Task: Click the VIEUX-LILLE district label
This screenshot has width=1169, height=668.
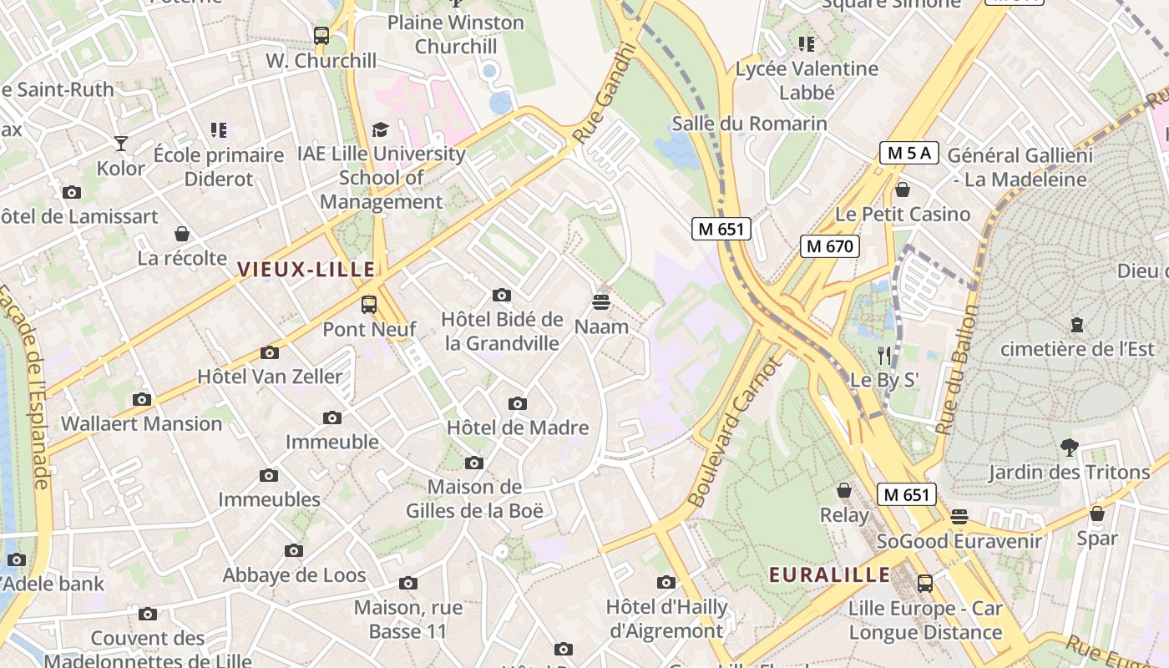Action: (306, 269)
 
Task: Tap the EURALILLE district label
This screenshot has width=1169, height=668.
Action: (830, 574)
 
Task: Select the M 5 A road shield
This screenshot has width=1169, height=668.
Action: (909, 153)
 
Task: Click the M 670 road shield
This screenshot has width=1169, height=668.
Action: (829, 245)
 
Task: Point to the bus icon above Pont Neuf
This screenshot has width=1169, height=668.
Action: (368, 305)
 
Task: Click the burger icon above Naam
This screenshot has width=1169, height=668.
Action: (601, 301)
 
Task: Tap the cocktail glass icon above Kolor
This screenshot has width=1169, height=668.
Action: (121, 144)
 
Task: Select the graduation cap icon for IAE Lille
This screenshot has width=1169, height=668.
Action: (381, 129)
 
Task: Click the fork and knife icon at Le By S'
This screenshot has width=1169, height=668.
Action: (884, 357)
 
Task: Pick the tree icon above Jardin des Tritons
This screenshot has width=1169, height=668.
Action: (1069, 448)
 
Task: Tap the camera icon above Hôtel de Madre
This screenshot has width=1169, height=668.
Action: (518, 404)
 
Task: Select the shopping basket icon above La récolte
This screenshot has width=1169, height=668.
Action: (182, 234)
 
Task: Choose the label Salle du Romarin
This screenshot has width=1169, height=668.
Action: (749, 124)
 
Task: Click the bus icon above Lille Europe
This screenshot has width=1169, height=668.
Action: (924, 583)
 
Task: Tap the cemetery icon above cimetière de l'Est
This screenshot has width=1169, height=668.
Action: (1077, 324)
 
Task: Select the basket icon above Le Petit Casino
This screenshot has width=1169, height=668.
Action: (902, 190)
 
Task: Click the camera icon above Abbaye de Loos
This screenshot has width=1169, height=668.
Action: (293, 550)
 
